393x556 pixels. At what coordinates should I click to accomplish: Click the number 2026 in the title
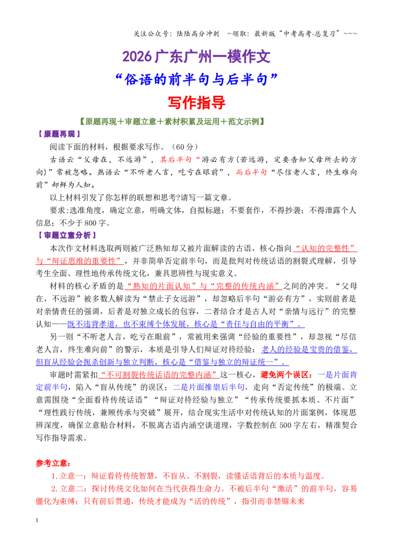(137, 57)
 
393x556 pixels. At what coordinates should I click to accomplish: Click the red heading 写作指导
(196, 103)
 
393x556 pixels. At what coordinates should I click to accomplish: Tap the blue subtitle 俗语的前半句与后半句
(196, 80)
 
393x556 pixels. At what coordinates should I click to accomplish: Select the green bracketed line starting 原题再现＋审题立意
(172, 122)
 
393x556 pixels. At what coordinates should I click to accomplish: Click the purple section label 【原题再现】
(59, 134)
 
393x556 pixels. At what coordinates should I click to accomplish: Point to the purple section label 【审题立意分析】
(67, 235)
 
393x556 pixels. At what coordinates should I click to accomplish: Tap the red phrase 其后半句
(175, 160)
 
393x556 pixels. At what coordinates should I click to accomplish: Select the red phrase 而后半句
(252, 172)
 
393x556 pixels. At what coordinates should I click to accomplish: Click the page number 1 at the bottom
(37, 520)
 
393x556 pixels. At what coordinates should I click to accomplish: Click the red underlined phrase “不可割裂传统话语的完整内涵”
(159, 375)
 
